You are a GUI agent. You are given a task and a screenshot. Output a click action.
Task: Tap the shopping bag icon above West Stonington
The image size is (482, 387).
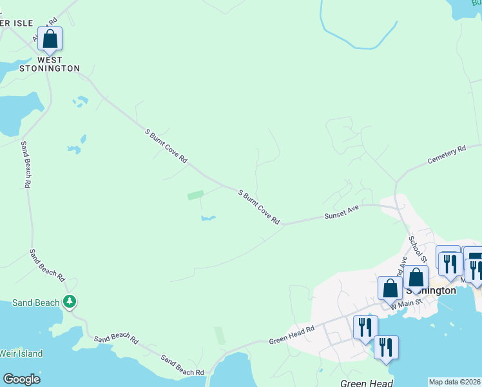coord(50,39)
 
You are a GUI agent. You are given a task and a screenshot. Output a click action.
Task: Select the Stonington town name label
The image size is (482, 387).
coord(430,291)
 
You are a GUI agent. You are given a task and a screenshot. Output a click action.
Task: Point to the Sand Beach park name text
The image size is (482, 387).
coord(35,303)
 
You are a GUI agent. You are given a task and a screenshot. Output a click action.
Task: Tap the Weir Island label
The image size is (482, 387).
coord(21,353)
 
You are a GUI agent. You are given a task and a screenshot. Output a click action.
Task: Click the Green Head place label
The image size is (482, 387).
coord(367,383)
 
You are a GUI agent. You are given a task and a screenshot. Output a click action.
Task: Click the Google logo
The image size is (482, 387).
coord(21,379)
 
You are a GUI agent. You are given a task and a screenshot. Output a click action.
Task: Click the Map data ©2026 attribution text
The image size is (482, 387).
coord(454,382)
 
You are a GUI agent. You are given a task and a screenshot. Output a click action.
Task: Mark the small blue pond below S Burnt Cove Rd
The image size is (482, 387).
coord(207,219)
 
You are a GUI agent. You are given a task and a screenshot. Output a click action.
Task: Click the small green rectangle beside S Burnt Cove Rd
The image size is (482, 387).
coord(195,194)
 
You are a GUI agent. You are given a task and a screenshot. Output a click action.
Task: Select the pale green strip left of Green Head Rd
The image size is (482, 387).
coord(220,335)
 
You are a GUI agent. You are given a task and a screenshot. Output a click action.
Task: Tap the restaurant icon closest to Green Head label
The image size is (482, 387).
coord(385,347)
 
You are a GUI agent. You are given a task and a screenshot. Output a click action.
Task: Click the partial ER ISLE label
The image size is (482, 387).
coord(17,23)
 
